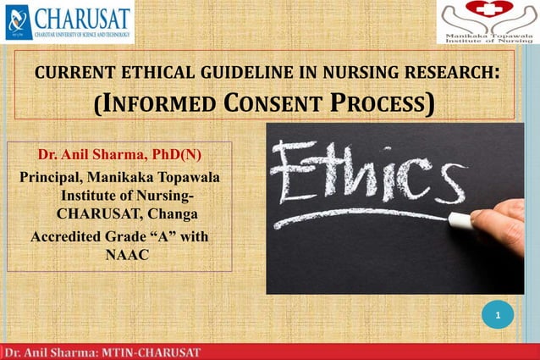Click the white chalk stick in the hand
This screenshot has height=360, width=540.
460,221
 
